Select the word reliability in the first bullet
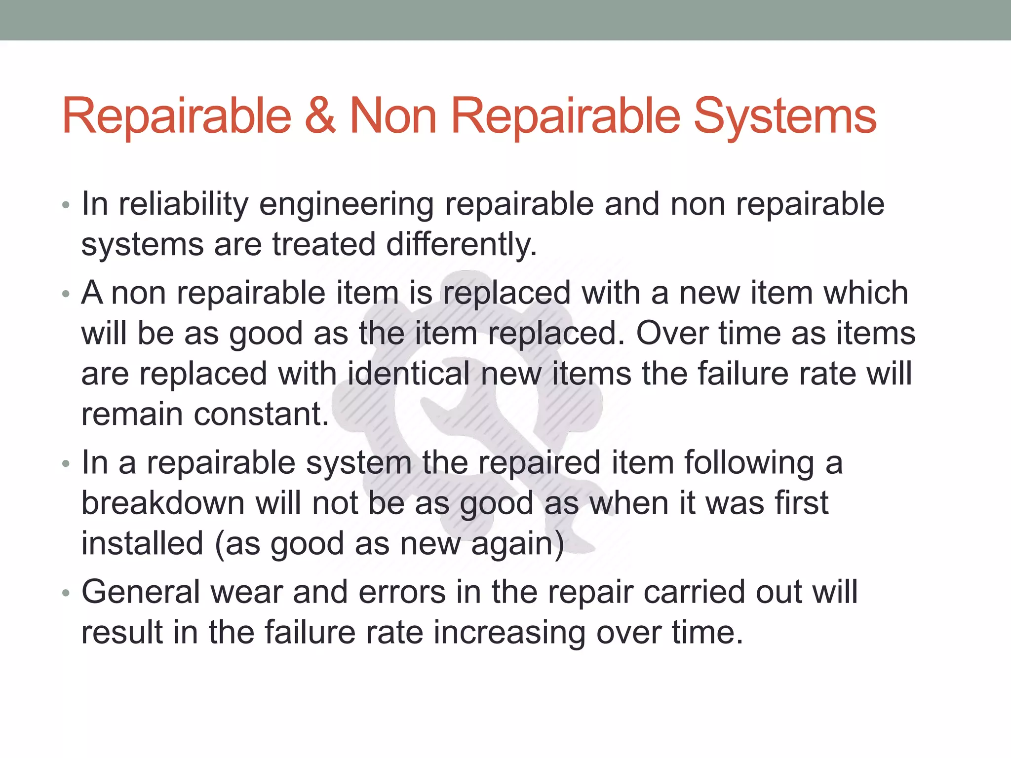point(183,204)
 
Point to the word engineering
point(346,205)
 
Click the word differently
point(461,245)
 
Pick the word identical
point(409,373)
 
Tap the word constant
point(261,414)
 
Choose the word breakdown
point(163,503)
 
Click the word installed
point(142,543)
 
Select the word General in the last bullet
point(141,592)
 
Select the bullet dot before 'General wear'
point(66,594)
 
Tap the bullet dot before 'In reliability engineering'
point(66,206)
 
